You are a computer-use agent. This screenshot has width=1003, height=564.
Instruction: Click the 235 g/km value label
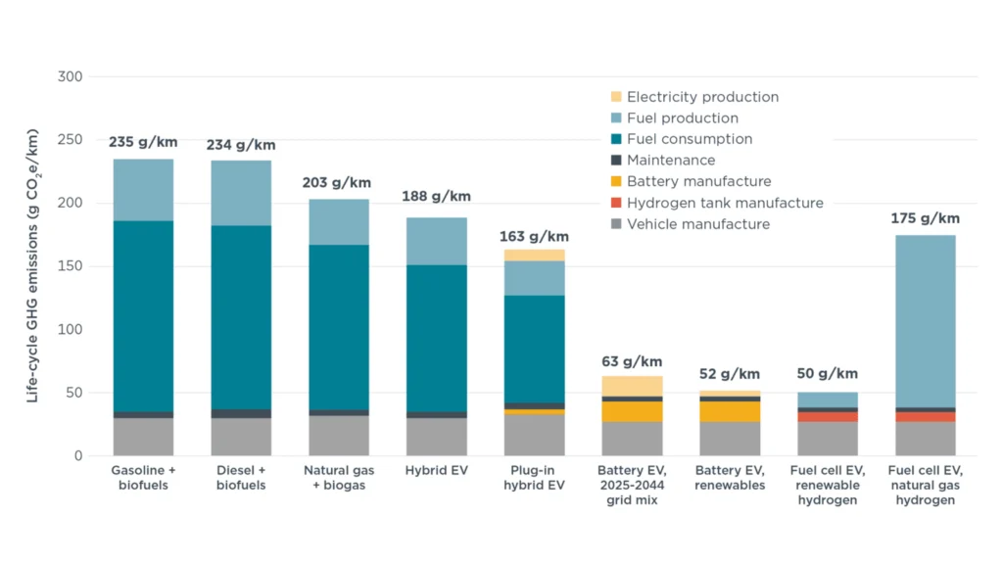click(143, 142)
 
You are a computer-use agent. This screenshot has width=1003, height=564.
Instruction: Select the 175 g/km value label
click(926, 218)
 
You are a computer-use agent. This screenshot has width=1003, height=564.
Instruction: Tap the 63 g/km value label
click(632, 361)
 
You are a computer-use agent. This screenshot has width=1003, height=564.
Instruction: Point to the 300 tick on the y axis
click(70, 76)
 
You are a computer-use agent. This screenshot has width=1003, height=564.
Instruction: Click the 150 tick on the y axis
click(70, 266)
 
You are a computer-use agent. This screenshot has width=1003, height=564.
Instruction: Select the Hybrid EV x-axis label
click(436, 471)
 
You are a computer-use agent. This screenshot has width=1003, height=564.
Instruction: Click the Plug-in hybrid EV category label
click(534, 478)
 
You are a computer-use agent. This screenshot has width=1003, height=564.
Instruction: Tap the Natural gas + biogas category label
click(338, 478)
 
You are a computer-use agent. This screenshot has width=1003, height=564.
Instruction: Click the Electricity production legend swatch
click(615, 97)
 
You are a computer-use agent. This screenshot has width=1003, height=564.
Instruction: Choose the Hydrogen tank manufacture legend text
click(725, 203)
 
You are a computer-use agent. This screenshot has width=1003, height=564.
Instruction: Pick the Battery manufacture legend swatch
click(615, 181)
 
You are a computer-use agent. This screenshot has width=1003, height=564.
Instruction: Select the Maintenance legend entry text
click(671, 160)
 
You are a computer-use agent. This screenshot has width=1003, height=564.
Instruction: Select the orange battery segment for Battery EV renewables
click(730, 411)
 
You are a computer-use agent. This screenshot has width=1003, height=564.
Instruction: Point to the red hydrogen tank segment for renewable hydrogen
click(828, 417)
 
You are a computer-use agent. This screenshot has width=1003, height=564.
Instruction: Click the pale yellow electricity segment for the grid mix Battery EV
click(632, 386)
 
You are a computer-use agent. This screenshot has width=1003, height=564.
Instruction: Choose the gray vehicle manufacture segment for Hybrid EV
click(436, 437)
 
